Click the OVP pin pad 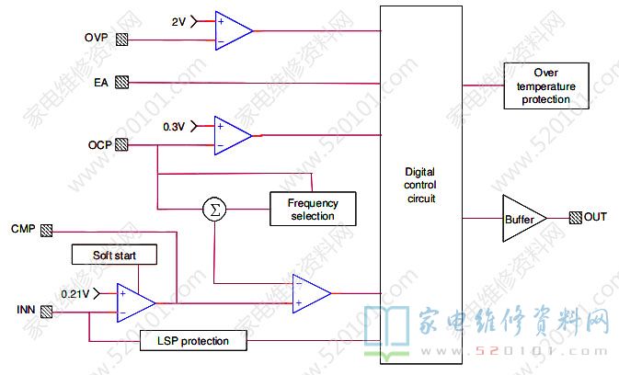click(x=121, y=40)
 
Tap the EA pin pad click(x=121, y=83)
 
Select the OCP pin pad click(x=121, y=144)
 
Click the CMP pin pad click(x=47, y=229)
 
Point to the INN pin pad click(x=47, y=311)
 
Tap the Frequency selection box click(x=313, y=210)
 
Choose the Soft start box click(x=113, y=254)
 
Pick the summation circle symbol click(x=214, y=210)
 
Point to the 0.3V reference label click(x=175, y=125)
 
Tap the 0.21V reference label click(x=75, y=293)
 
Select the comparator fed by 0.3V click(x=232, y=135)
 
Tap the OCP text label click(x=100, y=144)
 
